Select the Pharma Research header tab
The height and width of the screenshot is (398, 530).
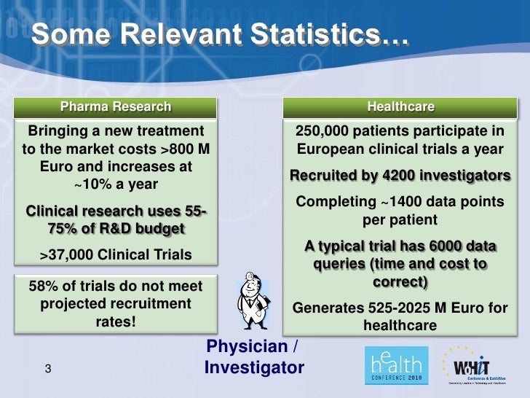[x=116, y=107]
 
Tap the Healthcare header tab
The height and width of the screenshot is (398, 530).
[x=400, y=107]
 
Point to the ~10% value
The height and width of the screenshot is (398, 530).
[x=90, y=184]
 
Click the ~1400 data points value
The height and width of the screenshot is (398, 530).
[x=381, y=201]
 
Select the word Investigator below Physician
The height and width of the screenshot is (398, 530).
[x=254, y=368]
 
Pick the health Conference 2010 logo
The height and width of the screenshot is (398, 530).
[x=394, y=364]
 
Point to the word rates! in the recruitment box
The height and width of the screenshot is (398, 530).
[x=116, y=321]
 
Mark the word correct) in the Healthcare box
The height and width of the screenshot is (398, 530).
[x=400, y=280]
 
